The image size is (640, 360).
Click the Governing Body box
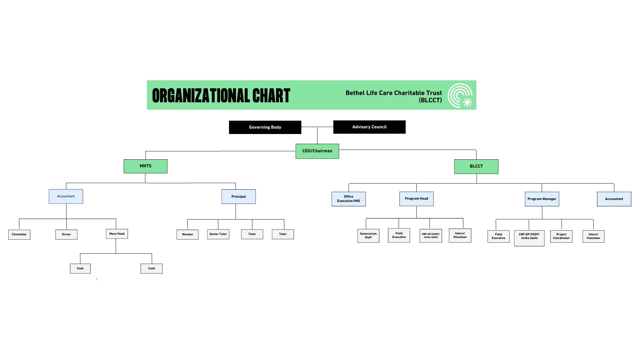(265, 127)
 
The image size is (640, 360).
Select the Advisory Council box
(369, 127)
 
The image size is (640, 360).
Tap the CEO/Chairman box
(317, 151)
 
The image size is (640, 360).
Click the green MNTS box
(145, 166)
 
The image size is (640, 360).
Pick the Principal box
(239, 197)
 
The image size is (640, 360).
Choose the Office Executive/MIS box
(349, 199)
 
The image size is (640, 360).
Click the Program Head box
(416, 199)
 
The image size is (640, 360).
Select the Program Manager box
(542, 199)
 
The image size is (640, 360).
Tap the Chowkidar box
(19, 234)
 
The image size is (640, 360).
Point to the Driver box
(66, 234)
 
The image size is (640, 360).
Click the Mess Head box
(117, 234)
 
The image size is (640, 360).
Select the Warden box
(187, 234)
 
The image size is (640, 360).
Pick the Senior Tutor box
(218, 234)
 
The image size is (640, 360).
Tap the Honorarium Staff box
(368, 236)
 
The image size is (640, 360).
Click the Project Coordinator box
(561, 236)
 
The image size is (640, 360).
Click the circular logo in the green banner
(460, 95)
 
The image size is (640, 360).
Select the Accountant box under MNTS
(66, 196)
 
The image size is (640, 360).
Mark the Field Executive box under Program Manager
(498, 236)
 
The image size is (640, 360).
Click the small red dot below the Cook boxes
(97, 279)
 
